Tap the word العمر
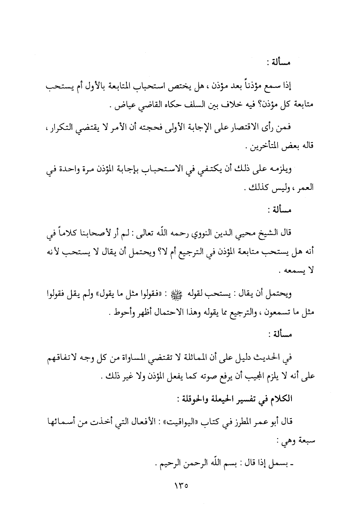tap(306, 187)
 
